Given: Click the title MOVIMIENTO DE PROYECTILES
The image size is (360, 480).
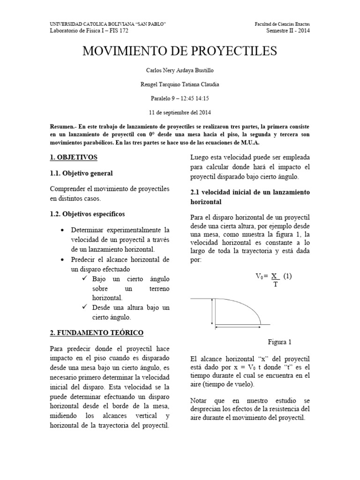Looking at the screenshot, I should [180, 51].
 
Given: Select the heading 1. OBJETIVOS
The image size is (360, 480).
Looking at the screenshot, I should [74, 157].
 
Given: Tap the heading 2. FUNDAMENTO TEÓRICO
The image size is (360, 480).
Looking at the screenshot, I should [97, 332].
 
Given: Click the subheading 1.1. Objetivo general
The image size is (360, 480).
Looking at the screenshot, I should [81, 173].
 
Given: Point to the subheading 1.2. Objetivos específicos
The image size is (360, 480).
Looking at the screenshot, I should [88, 214].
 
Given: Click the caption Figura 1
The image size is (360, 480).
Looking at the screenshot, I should [280, 341].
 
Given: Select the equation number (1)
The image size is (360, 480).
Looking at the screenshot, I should [287, 276].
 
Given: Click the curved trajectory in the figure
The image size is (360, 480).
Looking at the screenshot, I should [244, 306].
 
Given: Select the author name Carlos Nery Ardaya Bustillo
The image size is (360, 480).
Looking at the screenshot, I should [180, 70].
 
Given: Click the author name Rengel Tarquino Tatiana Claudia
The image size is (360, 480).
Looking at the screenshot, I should [180, 84].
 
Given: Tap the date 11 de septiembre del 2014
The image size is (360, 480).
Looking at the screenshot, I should [180, 112].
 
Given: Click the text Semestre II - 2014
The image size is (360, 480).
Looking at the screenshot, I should [288, 31].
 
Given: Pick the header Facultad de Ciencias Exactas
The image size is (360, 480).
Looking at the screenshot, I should [285, 24].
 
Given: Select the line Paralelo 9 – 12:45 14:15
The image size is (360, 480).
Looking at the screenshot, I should [180, 98].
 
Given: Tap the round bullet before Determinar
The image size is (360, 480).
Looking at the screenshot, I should [63, 231].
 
